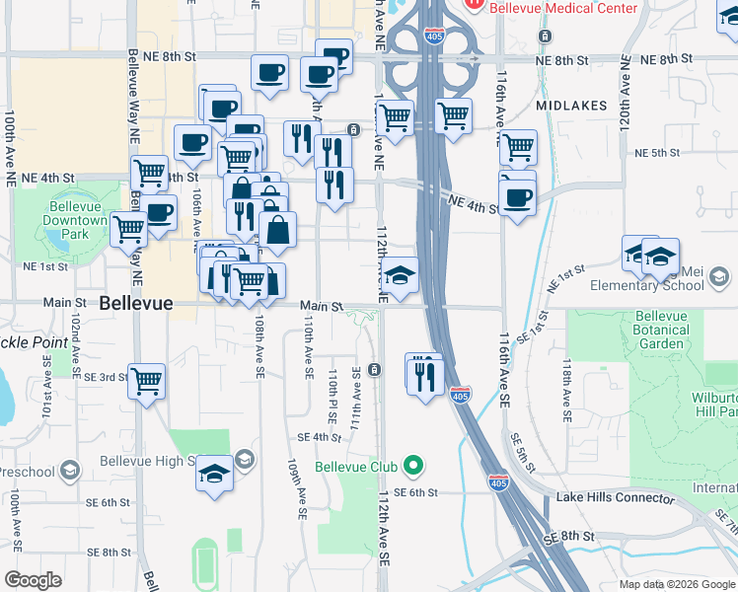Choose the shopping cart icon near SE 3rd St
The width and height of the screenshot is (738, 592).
146,380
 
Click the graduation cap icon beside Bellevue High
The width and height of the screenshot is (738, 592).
214,475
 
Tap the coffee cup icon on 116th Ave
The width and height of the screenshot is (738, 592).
517,197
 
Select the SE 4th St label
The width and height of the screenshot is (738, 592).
319,437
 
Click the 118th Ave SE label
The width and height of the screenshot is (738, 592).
567,390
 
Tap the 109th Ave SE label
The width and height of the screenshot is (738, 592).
293,488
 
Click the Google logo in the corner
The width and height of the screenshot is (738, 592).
33,580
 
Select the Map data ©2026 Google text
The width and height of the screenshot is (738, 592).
677,584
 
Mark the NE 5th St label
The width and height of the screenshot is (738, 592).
657,153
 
